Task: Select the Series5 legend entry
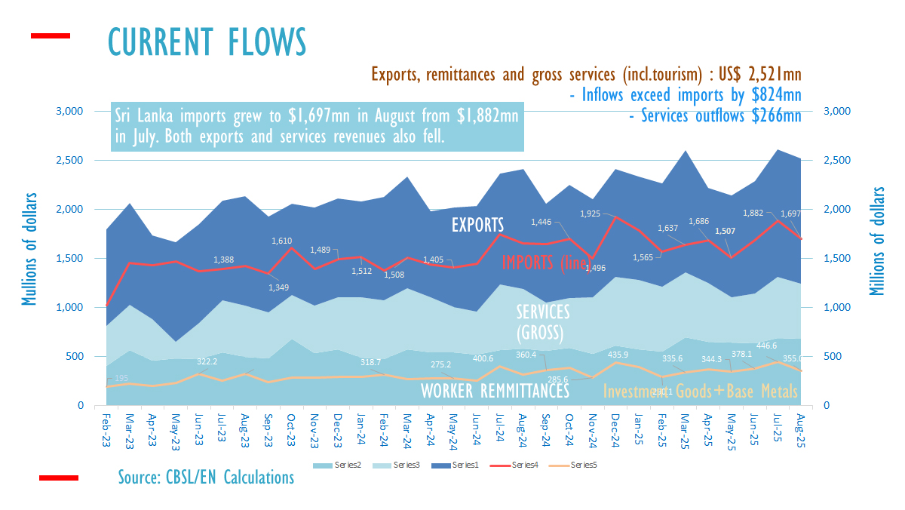583,465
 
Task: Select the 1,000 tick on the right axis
834,308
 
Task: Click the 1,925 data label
591,214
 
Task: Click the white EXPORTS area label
477,224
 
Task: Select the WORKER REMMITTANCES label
495,391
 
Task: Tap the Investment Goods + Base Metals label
701,391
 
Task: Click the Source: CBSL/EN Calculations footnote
206,477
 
